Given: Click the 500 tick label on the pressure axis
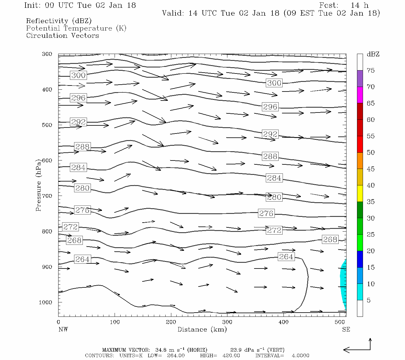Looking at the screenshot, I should tap(47, 125).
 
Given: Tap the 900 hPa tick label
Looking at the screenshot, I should tap(47, 267).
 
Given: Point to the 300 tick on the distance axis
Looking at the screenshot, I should tap(227, 322).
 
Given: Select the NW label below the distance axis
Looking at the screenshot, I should tap(63, 329).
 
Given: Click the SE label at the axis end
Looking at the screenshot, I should tap(346, 329).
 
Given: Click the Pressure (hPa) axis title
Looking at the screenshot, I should tap(38, 185).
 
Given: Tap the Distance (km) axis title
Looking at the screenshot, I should tap(202, 329).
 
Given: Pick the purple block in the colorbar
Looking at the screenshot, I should tap(360, 78).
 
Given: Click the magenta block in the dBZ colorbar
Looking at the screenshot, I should tap(360, 95).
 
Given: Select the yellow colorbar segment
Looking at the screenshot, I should tap(360, 193).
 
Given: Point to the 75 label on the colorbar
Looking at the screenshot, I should tap(370, 70).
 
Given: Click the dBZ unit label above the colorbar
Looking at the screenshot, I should tap(373, 54).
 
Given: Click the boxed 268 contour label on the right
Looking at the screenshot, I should tap(330, 239).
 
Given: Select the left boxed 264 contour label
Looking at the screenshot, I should tap(82, 259).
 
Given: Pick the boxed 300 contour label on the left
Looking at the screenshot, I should tap(78, 75).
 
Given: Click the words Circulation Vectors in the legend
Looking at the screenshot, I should tap(62, 36).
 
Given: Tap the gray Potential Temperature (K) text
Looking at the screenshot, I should tap(76, 28).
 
